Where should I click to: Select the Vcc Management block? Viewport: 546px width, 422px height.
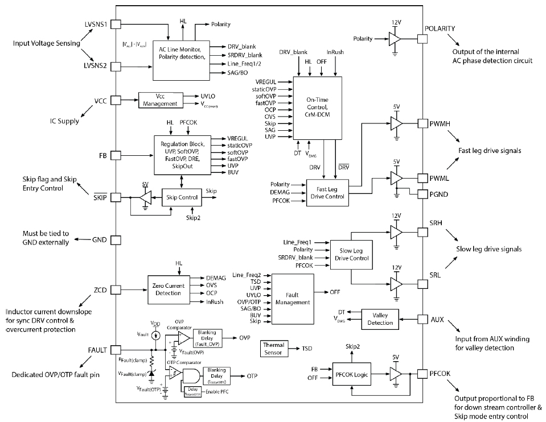coord(160,100)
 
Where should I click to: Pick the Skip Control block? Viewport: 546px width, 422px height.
coord(182,197)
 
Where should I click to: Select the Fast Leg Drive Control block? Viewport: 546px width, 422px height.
coord(326,192)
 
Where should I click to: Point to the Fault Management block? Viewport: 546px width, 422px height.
coord(293,299)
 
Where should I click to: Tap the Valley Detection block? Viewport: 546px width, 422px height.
coord(380,319)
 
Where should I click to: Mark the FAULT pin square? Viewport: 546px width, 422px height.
coord(116,350)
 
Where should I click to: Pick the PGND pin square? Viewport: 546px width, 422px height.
coord(422,195)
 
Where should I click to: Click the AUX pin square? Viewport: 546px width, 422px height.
coord(422,320)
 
